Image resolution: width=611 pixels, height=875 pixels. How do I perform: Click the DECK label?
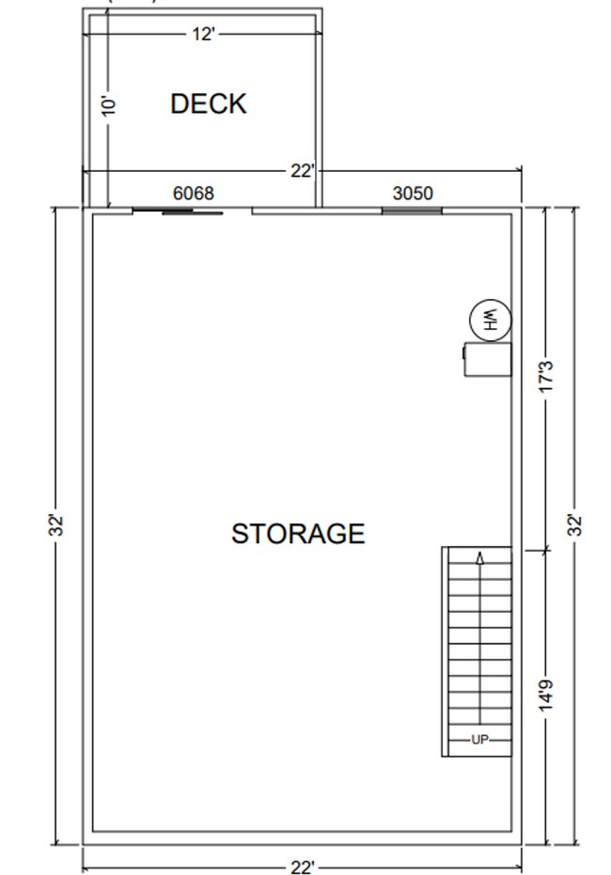click(x=208, y=103)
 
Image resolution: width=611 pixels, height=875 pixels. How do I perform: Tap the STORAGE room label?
click(x=297, y=534)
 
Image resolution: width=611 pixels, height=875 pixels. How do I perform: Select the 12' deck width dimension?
click(x=204, y=35)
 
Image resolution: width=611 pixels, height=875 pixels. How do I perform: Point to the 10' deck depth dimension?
click(x=109, y=105)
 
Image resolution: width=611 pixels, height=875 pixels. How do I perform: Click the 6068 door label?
click(x=194, y=194)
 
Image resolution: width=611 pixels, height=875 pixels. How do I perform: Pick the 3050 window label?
click(x=413, y=194)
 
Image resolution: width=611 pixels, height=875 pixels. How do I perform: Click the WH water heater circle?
click(x=490, y=320)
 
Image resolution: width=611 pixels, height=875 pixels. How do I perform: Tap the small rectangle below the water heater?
click(x=488, y=359)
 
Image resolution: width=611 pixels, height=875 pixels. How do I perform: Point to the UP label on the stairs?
click(x=479, y=740)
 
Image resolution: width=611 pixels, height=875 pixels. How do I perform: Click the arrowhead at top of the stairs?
click(x=480, y=558)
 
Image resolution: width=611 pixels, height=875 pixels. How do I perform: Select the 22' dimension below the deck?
click(x=302, y=171)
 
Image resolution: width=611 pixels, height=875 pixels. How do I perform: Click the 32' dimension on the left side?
click(x=57, y=525)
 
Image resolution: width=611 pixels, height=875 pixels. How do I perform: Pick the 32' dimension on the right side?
click(x=575, y=525)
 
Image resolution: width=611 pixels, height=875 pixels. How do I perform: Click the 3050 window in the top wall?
click(x=412, y=211)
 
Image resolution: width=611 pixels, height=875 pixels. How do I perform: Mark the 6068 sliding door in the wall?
click(x=192, y=212)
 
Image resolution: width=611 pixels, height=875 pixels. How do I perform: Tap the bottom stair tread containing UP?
click(x=479, y=740)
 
